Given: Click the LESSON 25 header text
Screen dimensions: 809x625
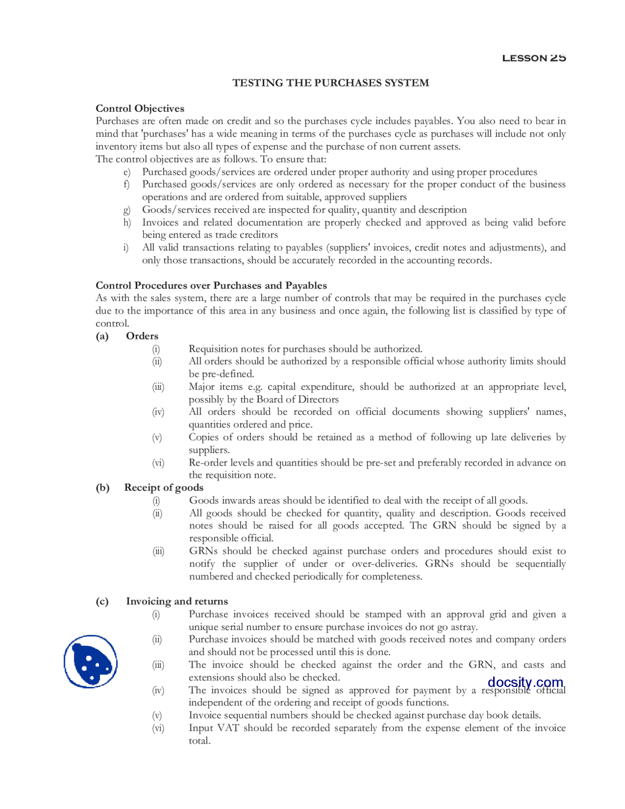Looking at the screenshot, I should coord(534,58).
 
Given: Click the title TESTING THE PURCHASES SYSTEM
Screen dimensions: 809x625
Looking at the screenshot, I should coord(331,83).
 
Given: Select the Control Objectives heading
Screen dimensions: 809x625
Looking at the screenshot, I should coord(140,108).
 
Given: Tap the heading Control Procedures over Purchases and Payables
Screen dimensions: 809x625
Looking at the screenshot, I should coord(211,285).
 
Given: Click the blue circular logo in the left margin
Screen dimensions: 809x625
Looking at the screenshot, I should coord(90,661).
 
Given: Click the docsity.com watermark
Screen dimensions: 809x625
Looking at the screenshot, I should coord(525,681).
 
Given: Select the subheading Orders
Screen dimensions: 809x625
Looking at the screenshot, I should coord(142,336).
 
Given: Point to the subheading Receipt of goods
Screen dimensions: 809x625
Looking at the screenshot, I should coord(164,488).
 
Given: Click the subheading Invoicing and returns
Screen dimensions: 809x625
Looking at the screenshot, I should coord(177,601).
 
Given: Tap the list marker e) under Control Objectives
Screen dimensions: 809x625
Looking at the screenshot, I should coord(126,172).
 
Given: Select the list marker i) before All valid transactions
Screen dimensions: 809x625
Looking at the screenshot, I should coord(125,248).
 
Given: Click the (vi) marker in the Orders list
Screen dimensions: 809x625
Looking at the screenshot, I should coord(158,463).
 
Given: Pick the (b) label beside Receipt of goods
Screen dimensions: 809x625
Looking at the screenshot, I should coord(102,488).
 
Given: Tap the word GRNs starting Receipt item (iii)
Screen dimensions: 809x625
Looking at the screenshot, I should coord(203,551).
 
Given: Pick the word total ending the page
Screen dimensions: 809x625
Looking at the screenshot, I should coord(199,741).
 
